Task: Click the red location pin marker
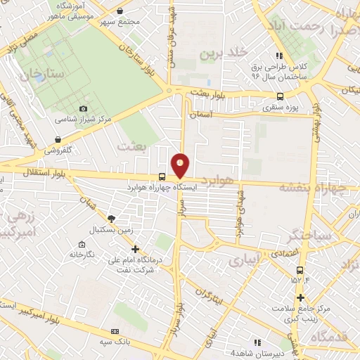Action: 181,164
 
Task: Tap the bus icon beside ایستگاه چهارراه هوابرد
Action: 162,176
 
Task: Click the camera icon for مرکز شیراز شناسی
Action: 84,108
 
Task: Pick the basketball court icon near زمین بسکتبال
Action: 110,218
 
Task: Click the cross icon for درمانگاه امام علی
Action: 136,248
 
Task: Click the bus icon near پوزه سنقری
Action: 281,97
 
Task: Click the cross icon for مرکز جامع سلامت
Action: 300,297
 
